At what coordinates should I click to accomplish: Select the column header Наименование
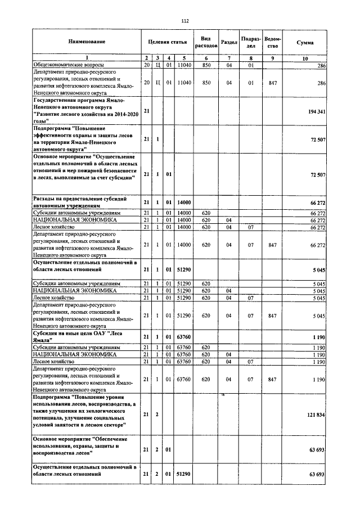tap(87, 42)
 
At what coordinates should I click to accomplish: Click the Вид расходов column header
tap(206, 42)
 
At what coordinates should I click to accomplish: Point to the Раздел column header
tap(229, 42)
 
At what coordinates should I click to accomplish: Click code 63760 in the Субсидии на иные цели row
tap(184, 336)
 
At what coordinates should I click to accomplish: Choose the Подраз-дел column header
tap(251, 42)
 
